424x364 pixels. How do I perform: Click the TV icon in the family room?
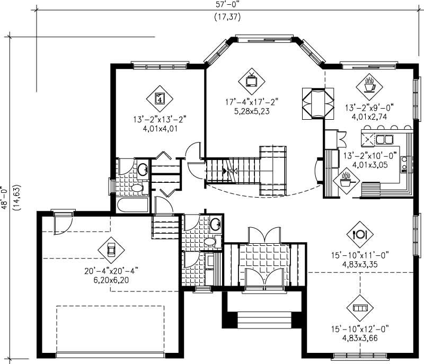251,81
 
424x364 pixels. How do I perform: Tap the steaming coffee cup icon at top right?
369,84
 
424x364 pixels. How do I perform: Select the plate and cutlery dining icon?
360,233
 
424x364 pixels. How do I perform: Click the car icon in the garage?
111,248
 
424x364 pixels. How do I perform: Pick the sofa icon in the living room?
360,308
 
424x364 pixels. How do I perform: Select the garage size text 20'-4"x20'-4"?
111,270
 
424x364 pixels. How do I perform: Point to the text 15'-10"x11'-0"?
360,255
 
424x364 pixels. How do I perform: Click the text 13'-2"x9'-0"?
369,107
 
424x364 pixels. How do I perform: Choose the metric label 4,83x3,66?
360,337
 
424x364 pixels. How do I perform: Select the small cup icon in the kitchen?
346,182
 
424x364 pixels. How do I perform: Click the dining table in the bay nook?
317,102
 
